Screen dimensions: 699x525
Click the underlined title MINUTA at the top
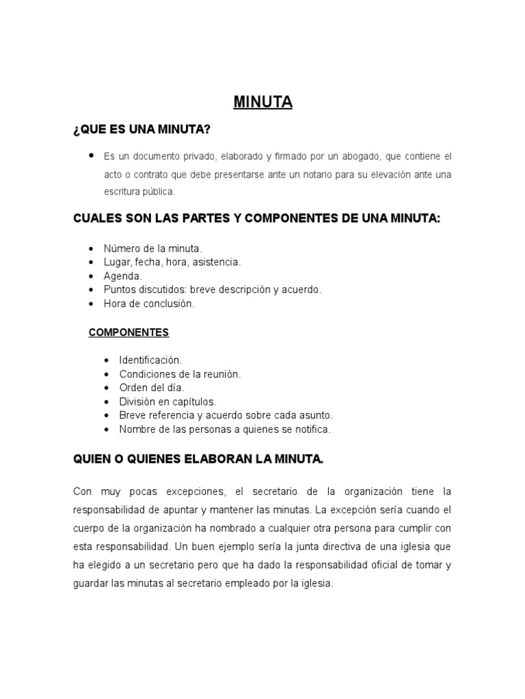(x=262, y=102)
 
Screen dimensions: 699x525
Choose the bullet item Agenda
(x=122, y=276)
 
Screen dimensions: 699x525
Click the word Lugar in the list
(x=117, y=262)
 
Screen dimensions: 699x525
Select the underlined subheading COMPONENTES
(x=129, y=332)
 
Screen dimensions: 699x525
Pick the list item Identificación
(x=150, y=360)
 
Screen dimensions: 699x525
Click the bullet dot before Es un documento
(x=91, y=156)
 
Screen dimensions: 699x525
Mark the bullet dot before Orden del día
(x=107, y=388)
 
